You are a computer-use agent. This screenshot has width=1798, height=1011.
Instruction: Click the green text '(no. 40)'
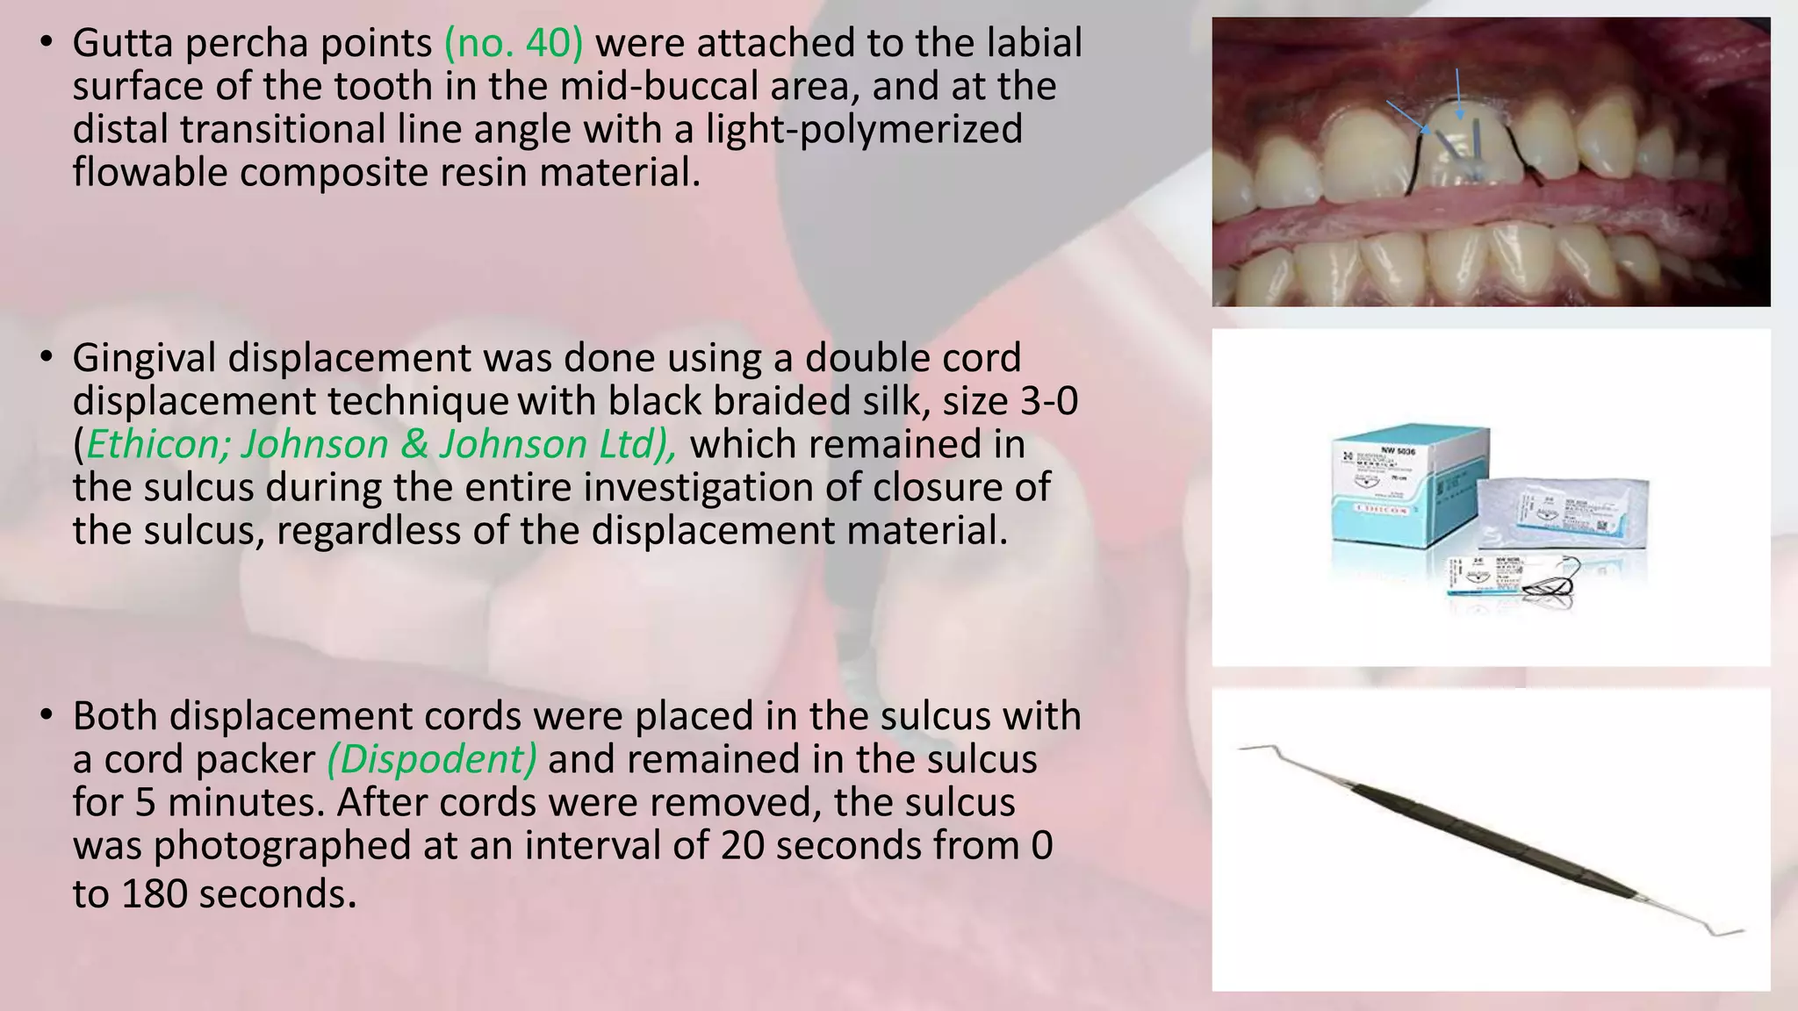(514, 44)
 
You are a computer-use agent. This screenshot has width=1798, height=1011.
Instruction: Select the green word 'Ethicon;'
(157, 444)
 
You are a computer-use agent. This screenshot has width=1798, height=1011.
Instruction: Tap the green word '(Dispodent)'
(431, 759)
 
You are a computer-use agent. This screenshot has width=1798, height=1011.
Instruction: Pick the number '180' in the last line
(155, 894)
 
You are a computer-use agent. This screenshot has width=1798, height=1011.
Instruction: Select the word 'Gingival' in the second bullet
(144, 358)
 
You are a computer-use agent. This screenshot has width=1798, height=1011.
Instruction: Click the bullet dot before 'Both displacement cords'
(47, 715)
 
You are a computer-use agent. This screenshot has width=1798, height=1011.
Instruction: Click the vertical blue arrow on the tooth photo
(1458, 94)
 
